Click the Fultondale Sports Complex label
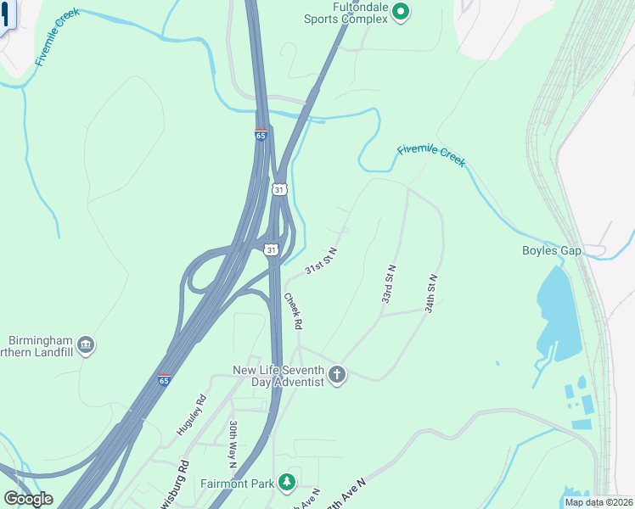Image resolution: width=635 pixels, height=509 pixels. pos(348,13)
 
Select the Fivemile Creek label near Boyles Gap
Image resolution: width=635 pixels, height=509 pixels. pos(431,155)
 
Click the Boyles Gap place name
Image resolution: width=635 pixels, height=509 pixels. pos(551,250)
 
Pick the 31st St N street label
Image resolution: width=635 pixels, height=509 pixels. pos(322,260)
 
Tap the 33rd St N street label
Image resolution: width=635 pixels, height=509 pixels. pos(389,284)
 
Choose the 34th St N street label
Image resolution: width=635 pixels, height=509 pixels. pos(431,294)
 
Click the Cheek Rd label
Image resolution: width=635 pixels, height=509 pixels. pos(293,311)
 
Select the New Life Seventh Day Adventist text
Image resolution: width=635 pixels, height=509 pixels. pos(279,376)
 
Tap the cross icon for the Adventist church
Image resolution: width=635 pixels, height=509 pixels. pos(337,375)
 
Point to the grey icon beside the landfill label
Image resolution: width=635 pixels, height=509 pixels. pos(85,344)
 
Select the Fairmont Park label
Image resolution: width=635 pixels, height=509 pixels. pos(238,484)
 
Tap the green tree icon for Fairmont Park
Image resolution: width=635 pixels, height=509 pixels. pos(287,483)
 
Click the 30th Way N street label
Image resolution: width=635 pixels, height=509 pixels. pos(232,443)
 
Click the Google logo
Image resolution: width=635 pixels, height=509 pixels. pos(28,499)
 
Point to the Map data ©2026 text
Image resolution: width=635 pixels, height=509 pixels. pos(598,502)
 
